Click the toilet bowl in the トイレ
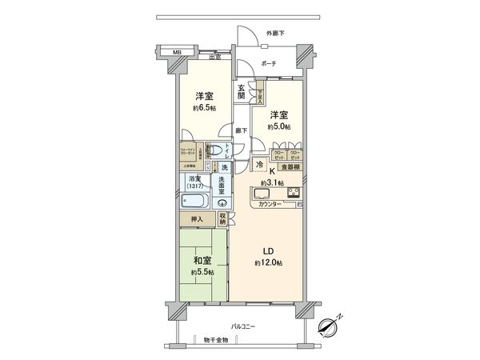point(214,150)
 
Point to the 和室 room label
point(201,261)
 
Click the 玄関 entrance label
point(242,91)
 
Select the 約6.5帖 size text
point(203,108)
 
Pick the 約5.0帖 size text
point(279,126)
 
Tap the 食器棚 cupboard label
point(290,166)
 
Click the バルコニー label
point(246,327)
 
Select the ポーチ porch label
point(268,64)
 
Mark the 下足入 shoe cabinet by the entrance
point(260,97)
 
